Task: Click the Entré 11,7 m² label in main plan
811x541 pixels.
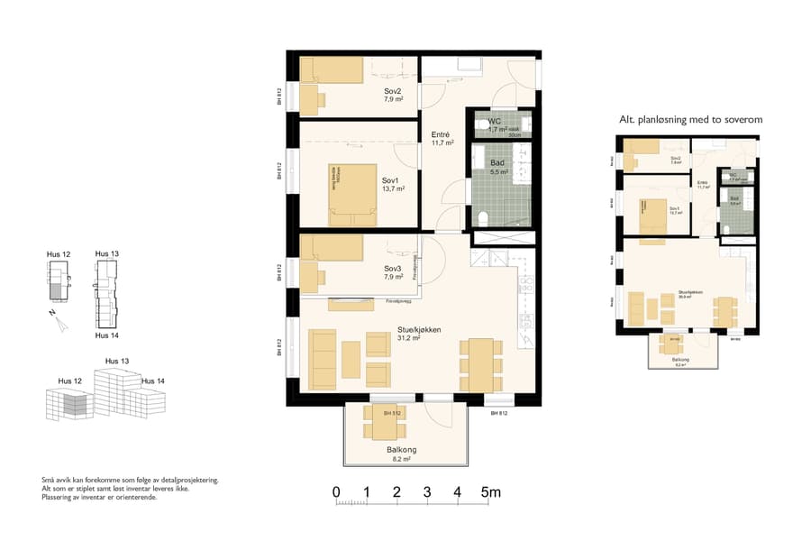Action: tap(442, 138)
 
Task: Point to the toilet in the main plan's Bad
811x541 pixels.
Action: tap(484, 217)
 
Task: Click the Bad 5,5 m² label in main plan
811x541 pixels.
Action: tap(498, 167)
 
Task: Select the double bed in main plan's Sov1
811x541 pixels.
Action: tap(352, 194)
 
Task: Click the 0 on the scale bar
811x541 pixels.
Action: tap(336, 492)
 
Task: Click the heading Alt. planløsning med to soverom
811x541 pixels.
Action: tap(690, 120)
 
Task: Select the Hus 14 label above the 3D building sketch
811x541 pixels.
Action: tap(153, 381)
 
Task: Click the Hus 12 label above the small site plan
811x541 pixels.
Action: tap(59, 255)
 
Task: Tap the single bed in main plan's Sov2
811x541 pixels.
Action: tap(331, 70)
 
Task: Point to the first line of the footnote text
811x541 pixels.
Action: tap(131, 481)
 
